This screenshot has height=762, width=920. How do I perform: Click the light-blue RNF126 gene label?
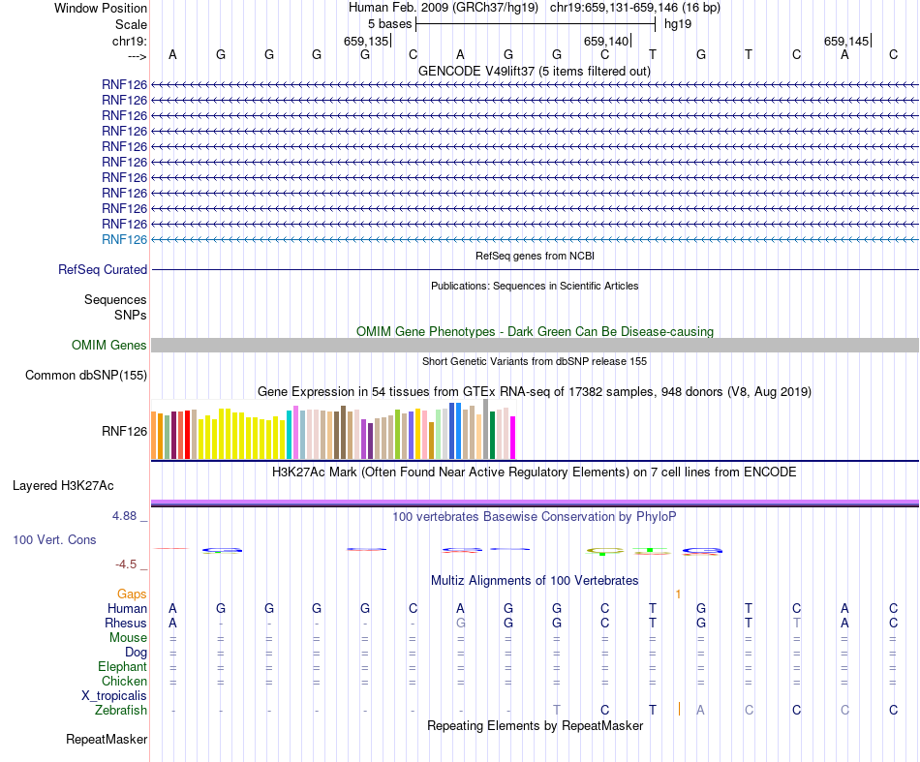(124, 239)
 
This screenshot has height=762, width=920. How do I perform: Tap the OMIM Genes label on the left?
(109, 345)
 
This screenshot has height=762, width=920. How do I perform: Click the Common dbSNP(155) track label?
(86, 375)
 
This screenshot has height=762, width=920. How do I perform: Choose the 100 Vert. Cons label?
(54, 539)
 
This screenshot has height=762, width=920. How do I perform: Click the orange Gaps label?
(132, 594)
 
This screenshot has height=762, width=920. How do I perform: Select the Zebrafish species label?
(121, 710)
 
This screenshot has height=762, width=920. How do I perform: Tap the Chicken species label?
(124, 681)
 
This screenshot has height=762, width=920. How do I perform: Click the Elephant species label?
(122, 666)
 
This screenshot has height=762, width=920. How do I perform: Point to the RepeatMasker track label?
(107, 740)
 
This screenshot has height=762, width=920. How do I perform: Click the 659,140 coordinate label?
(607, 41)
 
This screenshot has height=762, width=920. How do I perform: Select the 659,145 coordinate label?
(846, 41)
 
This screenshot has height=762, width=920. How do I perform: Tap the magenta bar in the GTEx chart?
(513, 438)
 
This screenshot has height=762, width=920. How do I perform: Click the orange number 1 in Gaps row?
(679, 594)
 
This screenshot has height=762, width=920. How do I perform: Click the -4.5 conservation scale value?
(127, 564)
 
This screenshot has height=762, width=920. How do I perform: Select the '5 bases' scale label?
(389, 23)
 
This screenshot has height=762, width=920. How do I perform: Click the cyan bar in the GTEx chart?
(290, 434)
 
